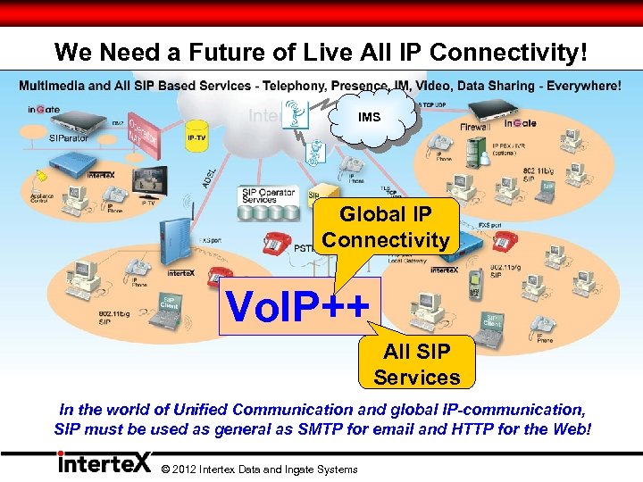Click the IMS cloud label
click(x=369, y=116)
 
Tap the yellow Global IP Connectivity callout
click(x=386, y=228)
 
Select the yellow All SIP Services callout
click(x=416, y=363)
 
